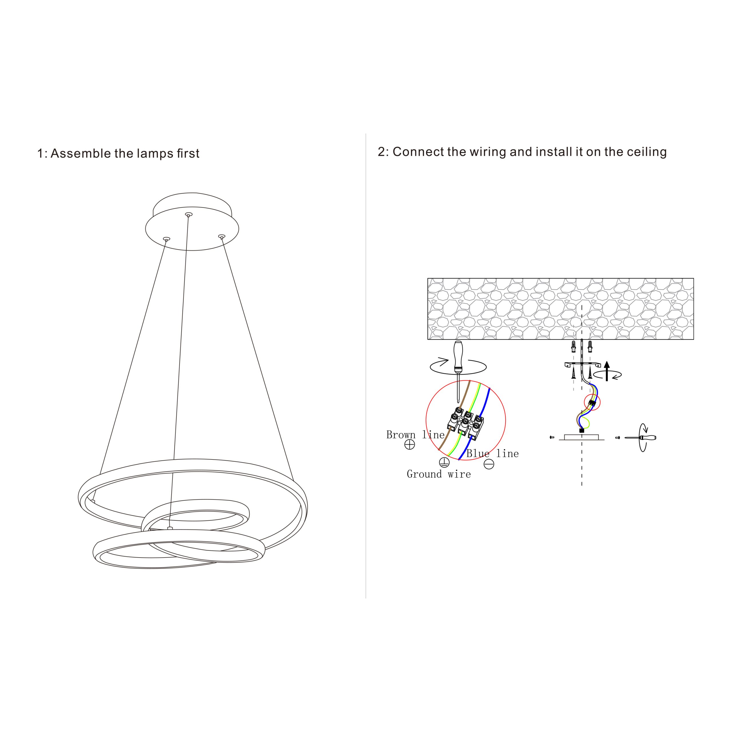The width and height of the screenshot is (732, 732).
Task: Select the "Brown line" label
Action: pos(415,435)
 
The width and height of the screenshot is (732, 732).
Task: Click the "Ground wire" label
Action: pos(439,474)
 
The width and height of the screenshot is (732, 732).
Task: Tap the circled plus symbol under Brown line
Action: pos(409,444)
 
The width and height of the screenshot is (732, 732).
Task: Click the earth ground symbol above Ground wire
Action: pos(444,462)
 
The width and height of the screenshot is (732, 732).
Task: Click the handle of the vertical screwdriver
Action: pos(458,356)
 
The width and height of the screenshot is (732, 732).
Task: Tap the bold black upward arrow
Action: pos(607,371)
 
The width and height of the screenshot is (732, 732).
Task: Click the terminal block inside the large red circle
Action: pos(466,423)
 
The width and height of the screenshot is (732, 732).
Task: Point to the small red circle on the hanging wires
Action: pos(592,402)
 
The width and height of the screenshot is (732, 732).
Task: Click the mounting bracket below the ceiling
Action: pos(582,365)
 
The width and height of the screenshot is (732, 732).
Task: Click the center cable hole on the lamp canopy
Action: pos(188,215)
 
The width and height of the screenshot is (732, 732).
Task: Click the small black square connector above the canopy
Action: pos(582,430)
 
